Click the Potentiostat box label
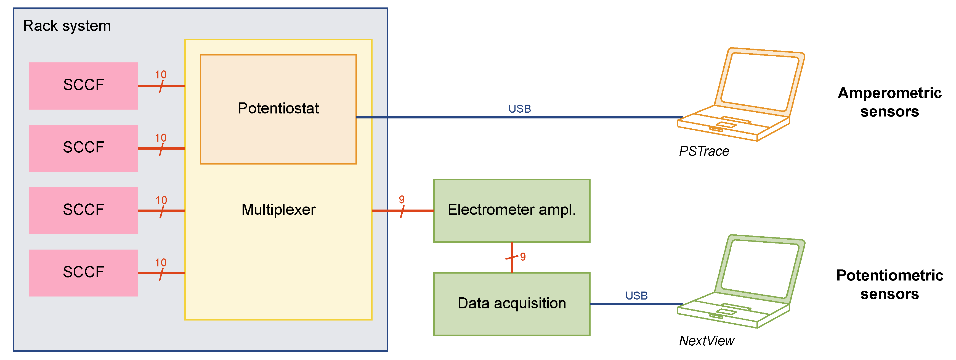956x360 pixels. pos(278,108)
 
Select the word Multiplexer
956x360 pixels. pos(278,210)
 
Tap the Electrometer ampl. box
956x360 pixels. pos(511,210)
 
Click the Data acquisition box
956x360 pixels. pos(511,304)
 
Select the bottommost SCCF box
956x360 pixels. pos(84,272)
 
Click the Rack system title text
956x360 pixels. pos(67,26)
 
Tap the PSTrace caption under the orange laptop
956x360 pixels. pos(704,151)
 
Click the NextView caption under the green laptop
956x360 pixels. pos(706,341)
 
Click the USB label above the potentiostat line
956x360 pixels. pos(520,109)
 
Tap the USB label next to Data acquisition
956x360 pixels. pos(636,295)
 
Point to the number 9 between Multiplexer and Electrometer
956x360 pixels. pos(402,200)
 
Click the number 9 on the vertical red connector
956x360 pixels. pos(523,256)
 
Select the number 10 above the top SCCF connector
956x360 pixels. pos(161,75)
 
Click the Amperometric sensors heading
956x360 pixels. pos(889,102)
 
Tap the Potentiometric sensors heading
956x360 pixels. pos(889,285)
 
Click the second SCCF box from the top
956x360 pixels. pos(84,148)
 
